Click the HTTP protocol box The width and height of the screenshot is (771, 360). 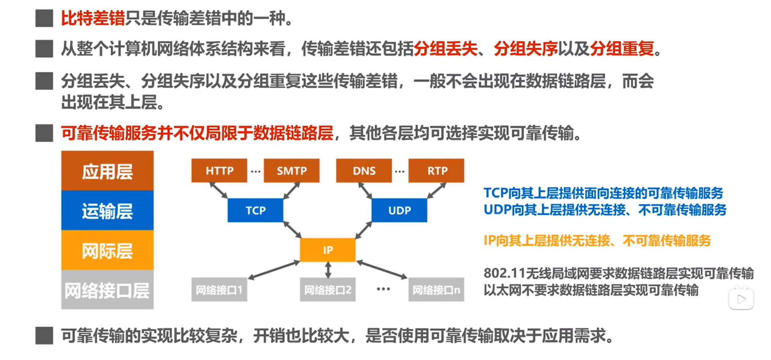219,171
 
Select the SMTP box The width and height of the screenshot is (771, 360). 292,171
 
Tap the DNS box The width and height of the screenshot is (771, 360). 364,171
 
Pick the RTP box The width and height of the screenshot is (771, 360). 436,171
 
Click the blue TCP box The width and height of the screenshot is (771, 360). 255,210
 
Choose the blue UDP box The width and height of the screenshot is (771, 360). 399,210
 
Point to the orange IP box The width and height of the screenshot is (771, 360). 328,250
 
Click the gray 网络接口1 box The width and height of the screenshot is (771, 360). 219,290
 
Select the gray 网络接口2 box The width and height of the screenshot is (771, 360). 328,290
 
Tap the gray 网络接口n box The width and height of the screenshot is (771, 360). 436,290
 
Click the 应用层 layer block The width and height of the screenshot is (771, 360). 107,171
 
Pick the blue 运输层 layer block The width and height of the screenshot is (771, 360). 107,211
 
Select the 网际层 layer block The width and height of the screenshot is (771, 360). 107,250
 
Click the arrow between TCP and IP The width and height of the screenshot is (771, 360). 292,230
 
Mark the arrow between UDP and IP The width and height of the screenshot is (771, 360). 363,230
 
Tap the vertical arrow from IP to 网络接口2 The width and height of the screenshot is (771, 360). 328,270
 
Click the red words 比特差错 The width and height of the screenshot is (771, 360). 93,18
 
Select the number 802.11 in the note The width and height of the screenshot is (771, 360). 504,273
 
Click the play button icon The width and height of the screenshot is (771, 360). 741,299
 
